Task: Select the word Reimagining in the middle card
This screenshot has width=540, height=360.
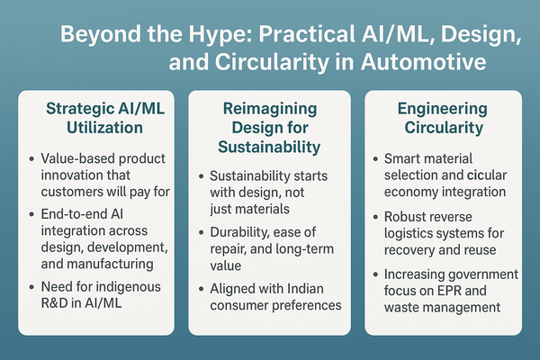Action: tap(270, 108)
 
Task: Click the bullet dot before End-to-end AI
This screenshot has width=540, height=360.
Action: tap(31, 212)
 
